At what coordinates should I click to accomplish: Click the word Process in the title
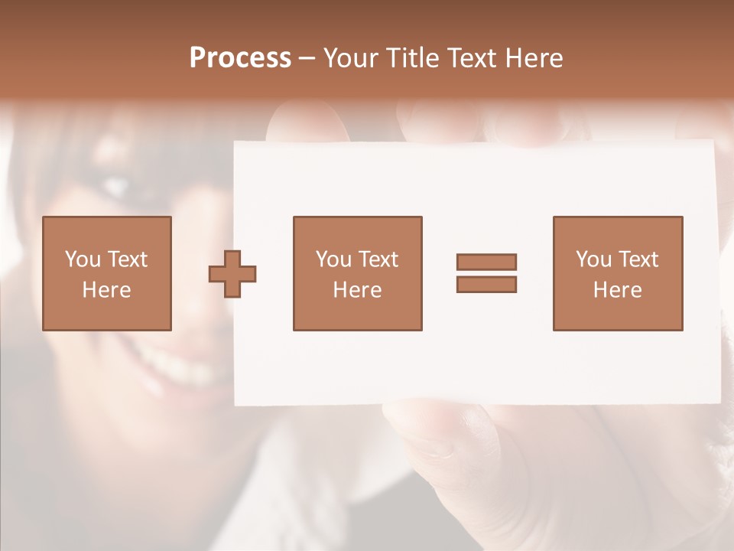coord(240,58)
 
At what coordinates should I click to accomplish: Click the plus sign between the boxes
coord(232,274)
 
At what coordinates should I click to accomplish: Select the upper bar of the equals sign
coord(486,262)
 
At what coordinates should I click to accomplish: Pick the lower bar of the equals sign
coord(486,284)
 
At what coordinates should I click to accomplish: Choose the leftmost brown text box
coord(107,273)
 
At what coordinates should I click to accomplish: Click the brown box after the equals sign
coord(618,273)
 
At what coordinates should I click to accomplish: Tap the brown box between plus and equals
coord(357,273)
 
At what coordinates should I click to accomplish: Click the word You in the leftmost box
coord(83,259)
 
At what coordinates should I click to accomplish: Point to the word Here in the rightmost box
coord(618,290)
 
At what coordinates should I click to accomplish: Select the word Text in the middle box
coord(378,259)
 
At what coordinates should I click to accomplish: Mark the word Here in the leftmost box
coord(107,290)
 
